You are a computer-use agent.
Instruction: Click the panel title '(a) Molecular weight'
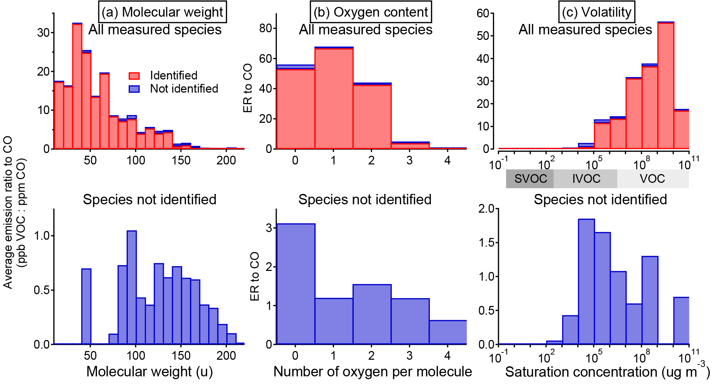click(x=162, y=12)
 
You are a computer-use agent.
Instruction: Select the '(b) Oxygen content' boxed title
click(x=371, y=12)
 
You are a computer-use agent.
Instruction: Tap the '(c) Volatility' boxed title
click(x=596, y=12)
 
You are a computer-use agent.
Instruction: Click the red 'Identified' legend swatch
click(x=134, y=76)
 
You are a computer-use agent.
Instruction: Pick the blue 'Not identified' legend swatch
click(x=134, y=89)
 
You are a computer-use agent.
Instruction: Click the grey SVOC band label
click(x=530, y=179)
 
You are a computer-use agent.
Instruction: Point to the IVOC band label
click(x=586, y=179)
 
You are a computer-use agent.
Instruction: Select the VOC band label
click(x=652, y=179)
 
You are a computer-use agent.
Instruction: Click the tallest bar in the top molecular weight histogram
click(x=77, y=87)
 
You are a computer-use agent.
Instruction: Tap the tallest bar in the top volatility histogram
click(x=666, y=87)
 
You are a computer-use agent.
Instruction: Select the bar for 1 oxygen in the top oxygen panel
click(x=334, y=99)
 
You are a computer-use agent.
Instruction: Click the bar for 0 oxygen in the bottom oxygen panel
click(x=296, y=284)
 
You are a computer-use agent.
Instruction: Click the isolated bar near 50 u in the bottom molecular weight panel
click(x=86, y=307)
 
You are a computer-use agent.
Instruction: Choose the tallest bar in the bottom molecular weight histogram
click(x=132, y=288)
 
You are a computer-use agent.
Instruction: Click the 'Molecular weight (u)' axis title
click(x=149, y=372)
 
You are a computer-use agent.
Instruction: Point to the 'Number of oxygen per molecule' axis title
click(x=372, y=372)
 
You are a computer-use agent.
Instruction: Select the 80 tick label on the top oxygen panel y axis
click(x=266, y=28)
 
